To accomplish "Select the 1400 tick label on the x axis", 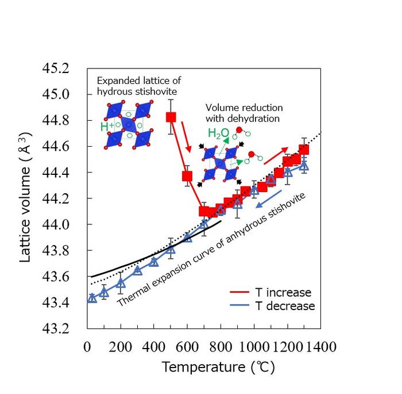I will pos(320,347).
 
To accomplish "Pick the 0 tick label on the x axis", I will pos(87,347).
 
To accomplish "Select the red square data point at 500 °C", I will pos(171,117).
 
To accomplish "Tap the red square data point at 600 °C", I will pos(187,175).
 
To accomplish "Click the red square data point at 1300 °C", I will pos(304,150).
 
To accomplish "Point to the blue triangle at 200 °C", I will pos(121,283).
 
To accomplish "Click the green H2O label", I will pos(218,134).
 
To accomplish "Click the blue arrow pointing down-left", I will pos(269,198).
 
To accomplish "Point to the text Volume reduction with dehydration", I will pos(243,113).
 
